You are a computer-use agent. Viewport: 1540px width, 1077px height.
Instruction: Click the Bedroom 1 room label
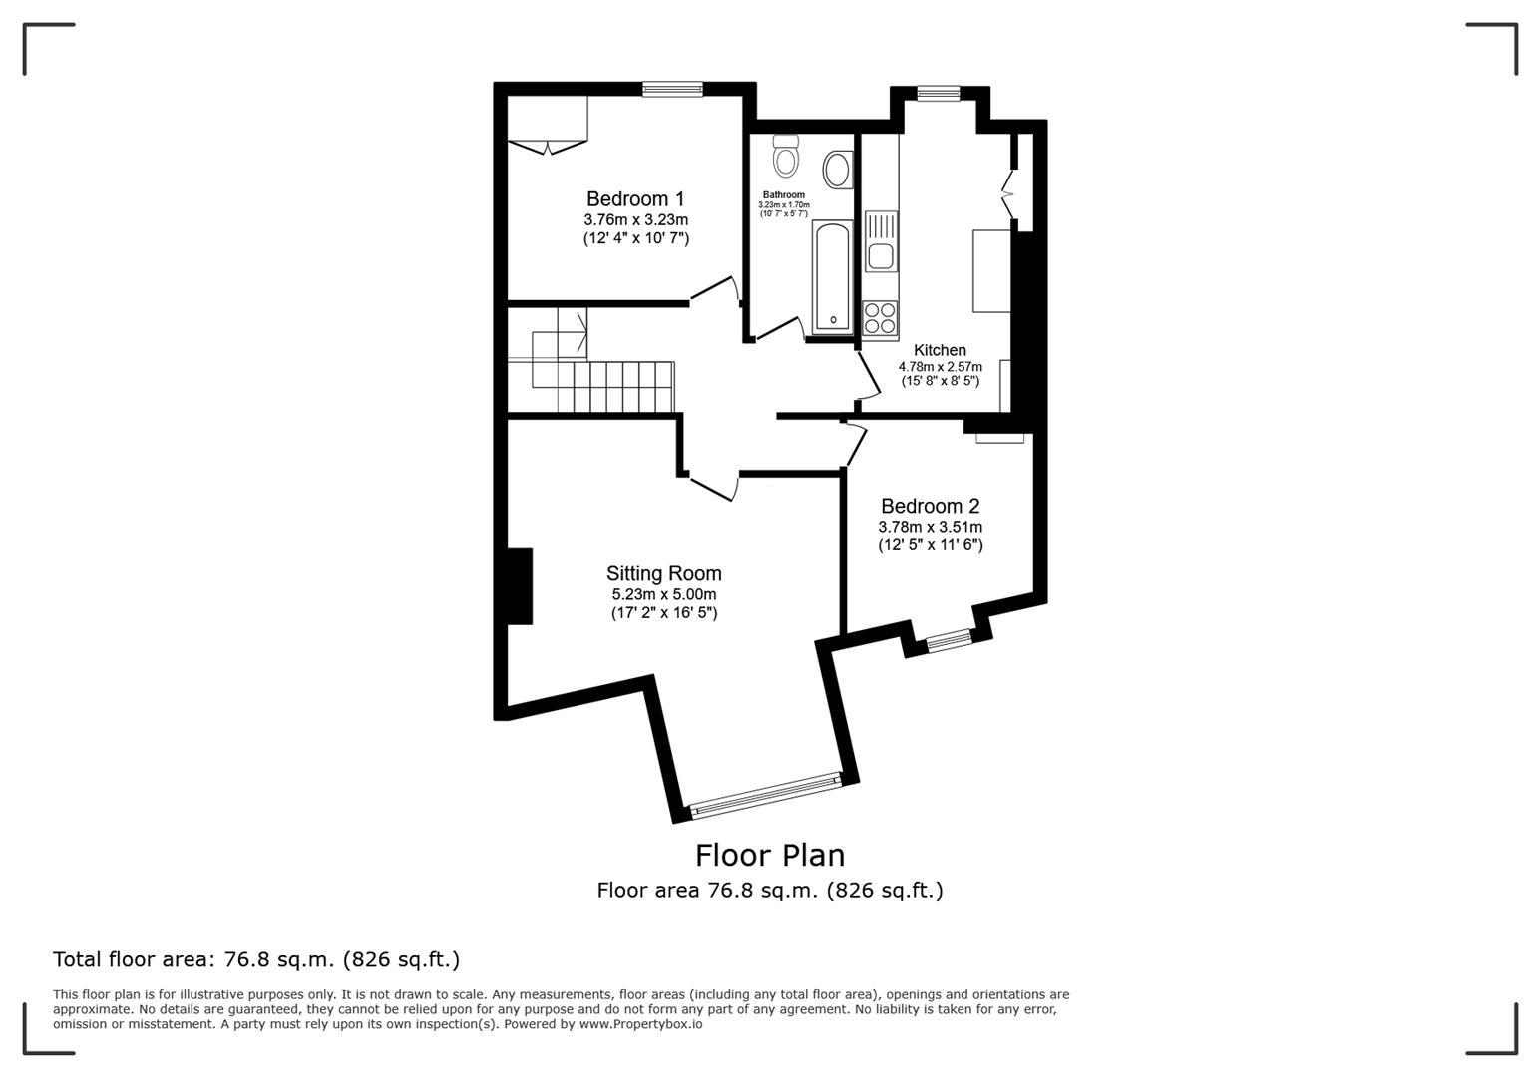click(635, 199)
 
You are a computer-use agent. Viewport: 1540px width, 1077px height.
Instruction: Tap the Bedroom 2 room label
click(930, 507)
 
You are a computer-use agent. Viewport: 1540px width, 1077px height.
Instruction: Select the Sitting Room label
click(663, 574)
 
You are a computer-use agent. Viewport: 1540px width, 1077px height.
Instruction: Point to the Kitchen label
click(940, 351)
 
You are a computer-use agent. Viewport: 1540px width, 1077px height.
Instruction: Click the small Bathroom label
click(783, 195)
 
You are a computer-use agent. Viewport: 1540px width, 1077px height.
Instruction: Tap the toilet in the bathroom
click(786, 157)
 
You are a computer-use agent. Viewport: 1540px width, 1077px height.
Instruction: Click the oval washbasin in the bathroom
click(837, 170)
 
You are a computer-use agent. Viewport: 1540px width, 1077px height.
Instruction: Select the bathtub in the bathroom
click(831, 277)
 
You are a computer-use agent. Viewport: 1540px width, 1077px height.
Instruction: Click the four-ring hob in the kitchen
click(880, 318)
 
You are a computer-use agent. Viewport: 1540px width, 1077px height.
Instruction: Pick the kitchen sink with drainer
click(881, 242)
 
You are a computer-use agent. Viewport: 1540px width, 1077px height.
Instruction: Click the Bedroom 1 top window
click(672, 90)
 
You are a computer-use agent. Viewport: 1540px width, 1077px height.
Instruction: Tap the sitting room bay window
click(766, 794)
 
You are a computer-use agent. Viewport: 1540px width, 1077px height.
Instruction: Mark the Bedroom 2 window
click(949, 641)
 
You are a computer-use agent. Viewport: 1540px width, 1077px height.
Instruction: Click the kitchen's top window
click(938, 94)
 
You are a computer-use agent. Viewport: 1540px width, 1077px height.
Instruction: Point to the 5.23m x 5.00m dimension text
click(663, 595)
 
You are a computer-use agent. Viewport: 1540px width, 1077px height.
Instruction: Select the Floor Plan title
click(769, 856)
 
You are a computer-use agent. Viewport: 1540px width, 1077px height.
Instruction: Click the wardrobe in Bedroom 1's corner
click(548, 125)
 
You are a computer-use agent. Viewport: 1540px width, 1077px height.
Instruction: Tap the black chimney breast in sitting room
click(520, 586)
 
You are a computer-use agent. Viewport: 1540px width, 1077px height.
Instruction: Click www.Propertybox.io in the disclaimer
click(640, 1024)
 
